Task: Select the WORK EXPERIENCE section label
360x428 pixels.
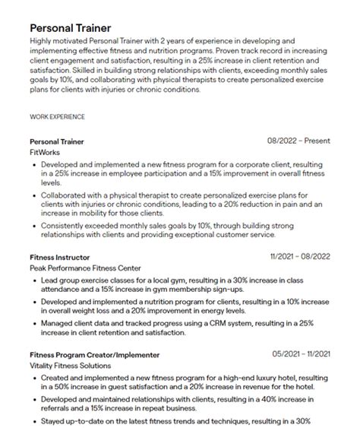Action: pyautogui.click(x=57, y=116)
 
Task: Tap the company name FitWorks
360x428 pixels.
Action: pyautogui.click(x=43, y=152)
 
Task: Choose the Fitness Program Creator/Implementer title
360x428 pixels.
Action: pyautogui.click(x=95, y=354)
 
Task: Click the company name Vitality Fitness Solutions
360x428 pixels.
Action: pyautogui.click(x=71, y=365)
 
